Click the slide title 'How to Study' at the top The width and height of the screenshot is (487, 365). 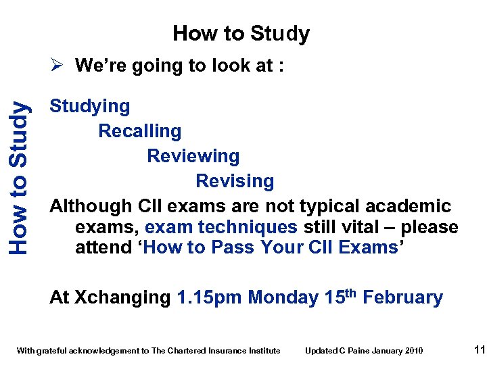pyautogui.click(x=241, y=33)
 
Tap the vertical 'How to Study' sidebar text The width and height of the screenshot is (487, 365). pyautogui.click(x=19, y=177)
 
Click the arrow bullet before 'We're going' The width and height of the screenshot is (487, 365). pyautogui.click(x=58, y=66)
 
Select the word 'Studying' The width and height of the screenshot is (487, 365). pyautogui.click(x=90, y=106)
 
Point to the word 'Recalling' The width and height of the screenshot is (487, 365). pyautogui.click(x=140, y=131)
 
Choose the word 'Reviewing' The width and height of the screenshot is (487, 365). pyautogui.click(x=193, y=156)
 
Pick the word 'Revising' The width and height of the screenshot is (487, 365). pyautogui.click(x=235, y=181)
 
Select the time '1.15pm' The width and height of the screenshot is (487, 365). pyautogui.click(x=209, y=297)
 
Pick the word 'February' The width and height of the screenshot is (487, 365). pyautogui.click(x=403, y=297)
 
